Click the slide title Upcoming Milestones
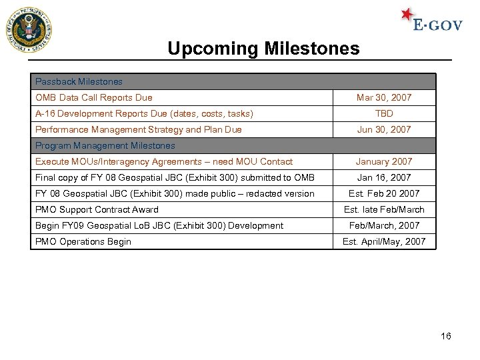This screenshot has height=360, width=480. (x=263, y=49)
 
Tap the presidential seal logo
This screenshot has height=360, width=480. (x=29, y=30)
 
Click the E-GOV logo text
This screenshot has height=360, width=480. (x=437, y=25)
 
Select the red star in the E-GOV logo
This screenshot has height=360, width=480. (x=407, y=15)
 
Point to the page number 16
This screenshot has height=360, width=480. (x=446, y=336)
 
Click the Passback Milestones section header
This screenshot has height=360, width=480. (x=79, y=82)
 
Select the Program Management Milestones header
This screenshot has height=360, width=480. (x=105, y=146)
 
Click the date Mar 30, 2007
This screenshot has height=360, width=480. (x=384, y=98)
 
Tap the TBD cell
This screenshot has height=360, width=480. (x=384, y=114)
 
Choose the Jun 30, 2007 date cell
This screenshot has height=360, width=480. (x=384, y=130)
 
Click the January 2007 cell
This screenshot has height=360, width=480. (x=384, y=162)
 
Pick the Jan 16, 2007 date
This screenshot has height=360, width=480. (x=384, y=178)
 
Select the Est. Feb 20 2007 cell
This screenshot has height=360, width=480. (x=384, y=194)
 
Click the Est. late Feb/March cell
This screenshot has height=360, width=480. (x=384, y=210)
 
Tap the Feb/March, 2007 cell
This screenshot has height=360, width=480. (x=384, y=226)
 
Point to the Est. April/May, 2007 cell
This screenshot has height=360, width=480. (x=384, y=242)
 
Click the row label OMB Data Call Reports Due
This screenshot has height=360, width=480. (x=93, y=98)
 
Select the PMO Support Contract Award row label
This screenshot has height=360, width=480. (x=97, y=210)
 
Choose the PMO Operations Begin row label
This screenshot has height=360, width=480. (x=83, y=242)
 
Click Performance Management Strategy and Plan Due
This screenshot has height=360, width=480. (x=138, y=130)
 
